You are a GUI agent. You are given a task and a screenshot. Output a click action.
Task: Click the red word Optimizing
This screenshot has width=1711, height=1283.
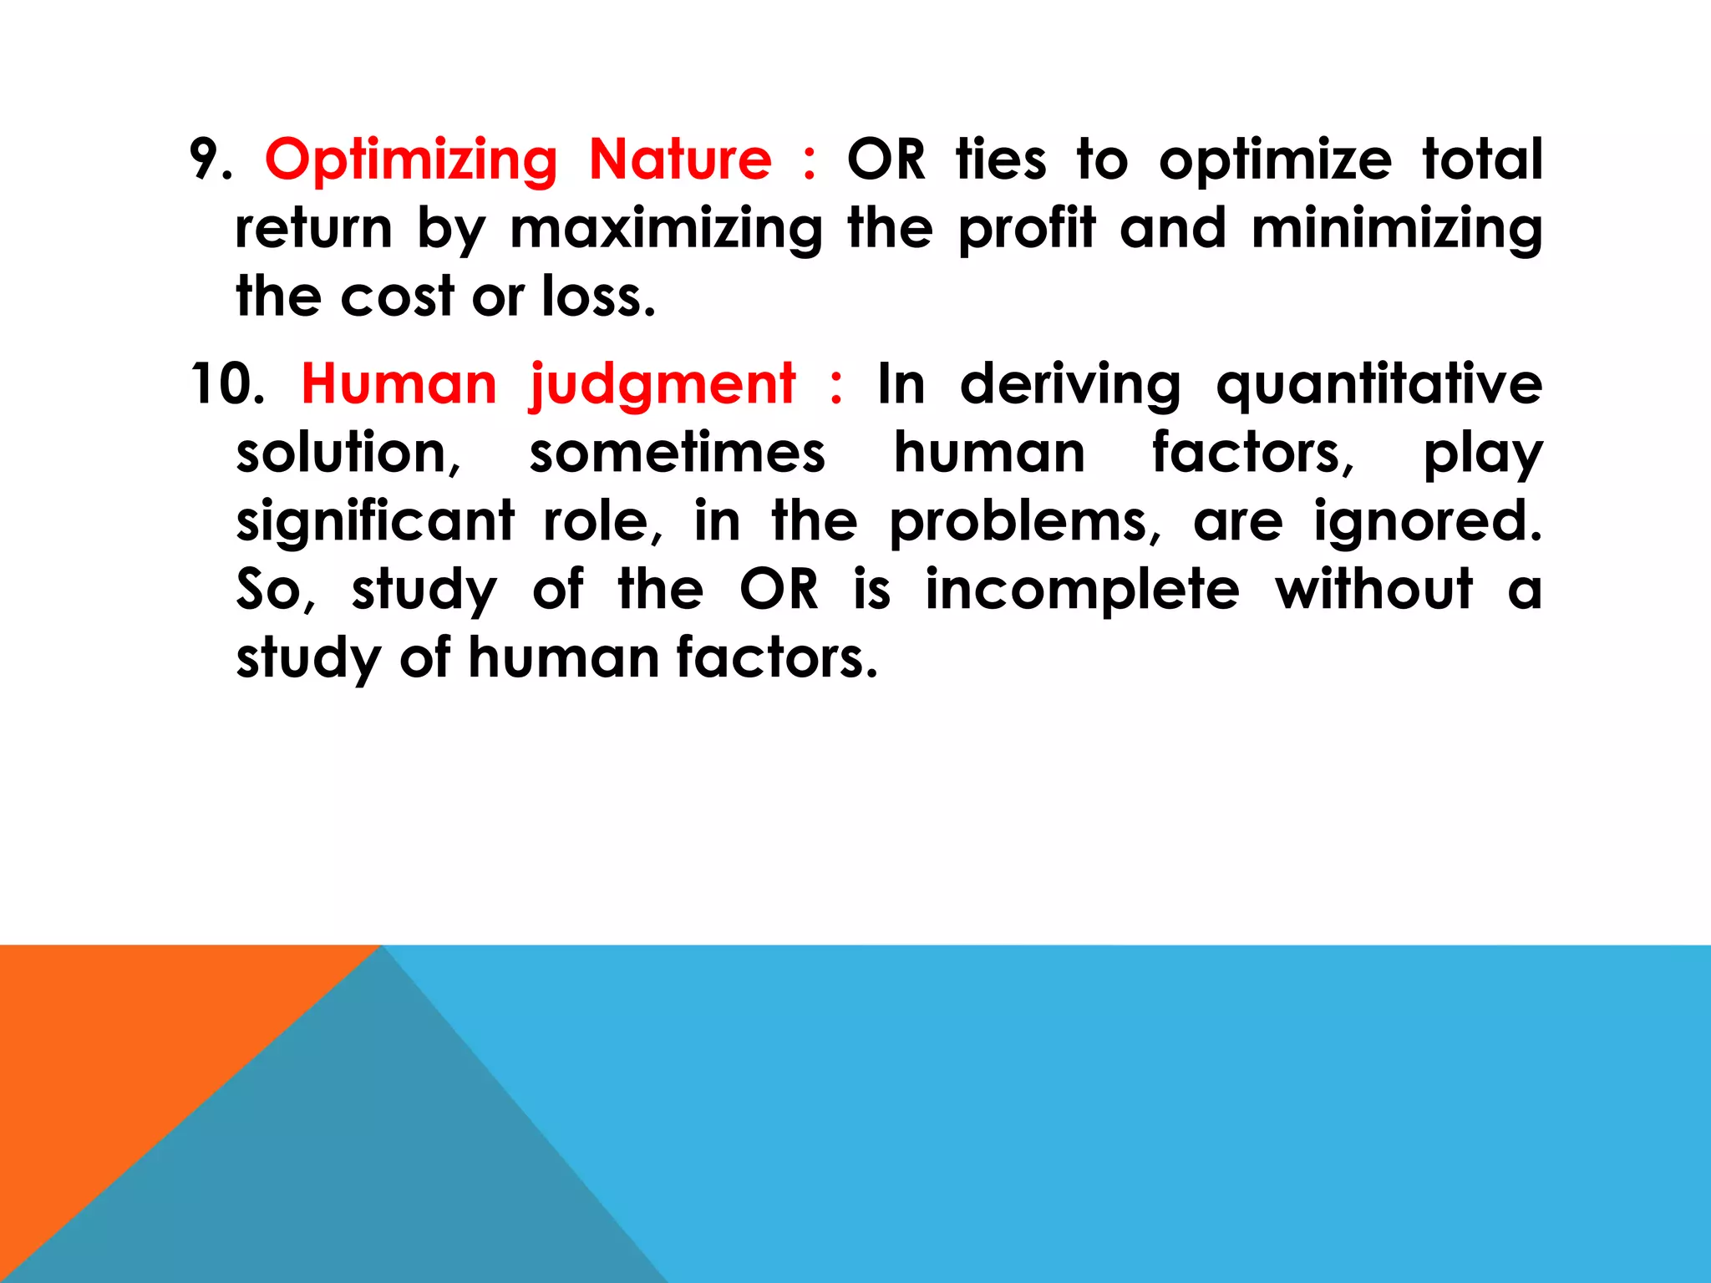[x=411, y=160]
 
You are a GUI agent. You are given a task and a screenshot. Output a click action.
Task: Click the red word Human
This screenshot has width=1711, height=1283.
[x=399, y=384]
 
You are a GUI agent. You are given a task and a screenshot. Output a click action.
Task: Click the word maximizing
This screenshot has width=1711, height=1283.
[x=666, y=230]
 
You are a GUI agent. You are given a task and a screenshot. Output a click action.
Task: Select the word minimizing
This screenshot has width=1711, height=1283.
[x=1396, y=230]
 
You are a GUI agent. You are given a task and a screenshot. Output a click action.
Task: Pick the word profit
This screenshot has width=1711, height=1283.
[x=1027, y=230]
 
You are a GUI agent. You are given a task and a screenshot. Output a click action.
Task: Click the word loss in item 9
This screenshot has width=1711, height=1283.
[x=598, y=297]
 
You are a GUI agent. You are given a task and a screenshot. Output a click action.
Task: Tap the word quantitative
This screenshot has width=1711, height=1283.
[x=1378, y=386]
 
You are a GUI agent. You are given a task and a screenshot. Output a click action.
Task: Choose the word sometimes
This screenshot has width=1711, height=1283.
[x=677, y=454]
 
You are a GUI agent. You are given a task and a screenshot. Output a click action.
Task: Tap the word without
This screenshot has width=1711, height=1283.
[x=1373, y=590]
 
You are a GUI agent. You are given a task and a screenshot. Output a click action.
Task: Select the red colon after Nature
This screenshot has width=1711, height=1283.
[x=808, y=162]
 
